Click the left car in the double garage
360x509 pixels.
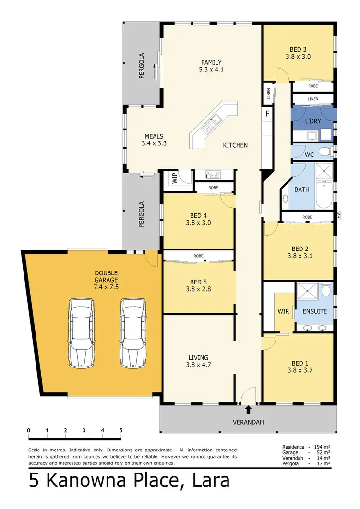click(81, 333)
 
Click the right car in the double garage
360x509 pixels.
click(133, 333)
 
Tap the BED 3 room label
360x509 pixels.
click(298, 49)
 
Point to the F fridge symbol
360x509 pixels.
click(267, 114)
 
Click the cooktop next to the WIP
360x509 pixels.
click(213, 175)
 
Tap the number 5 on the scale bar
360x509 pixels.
click(120, 430)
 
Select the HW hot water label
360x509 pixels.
click(339, 216)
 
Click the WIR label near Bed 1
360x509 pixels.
click(283, 311)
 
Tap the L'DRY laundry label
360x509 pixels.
click(313, 121)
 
